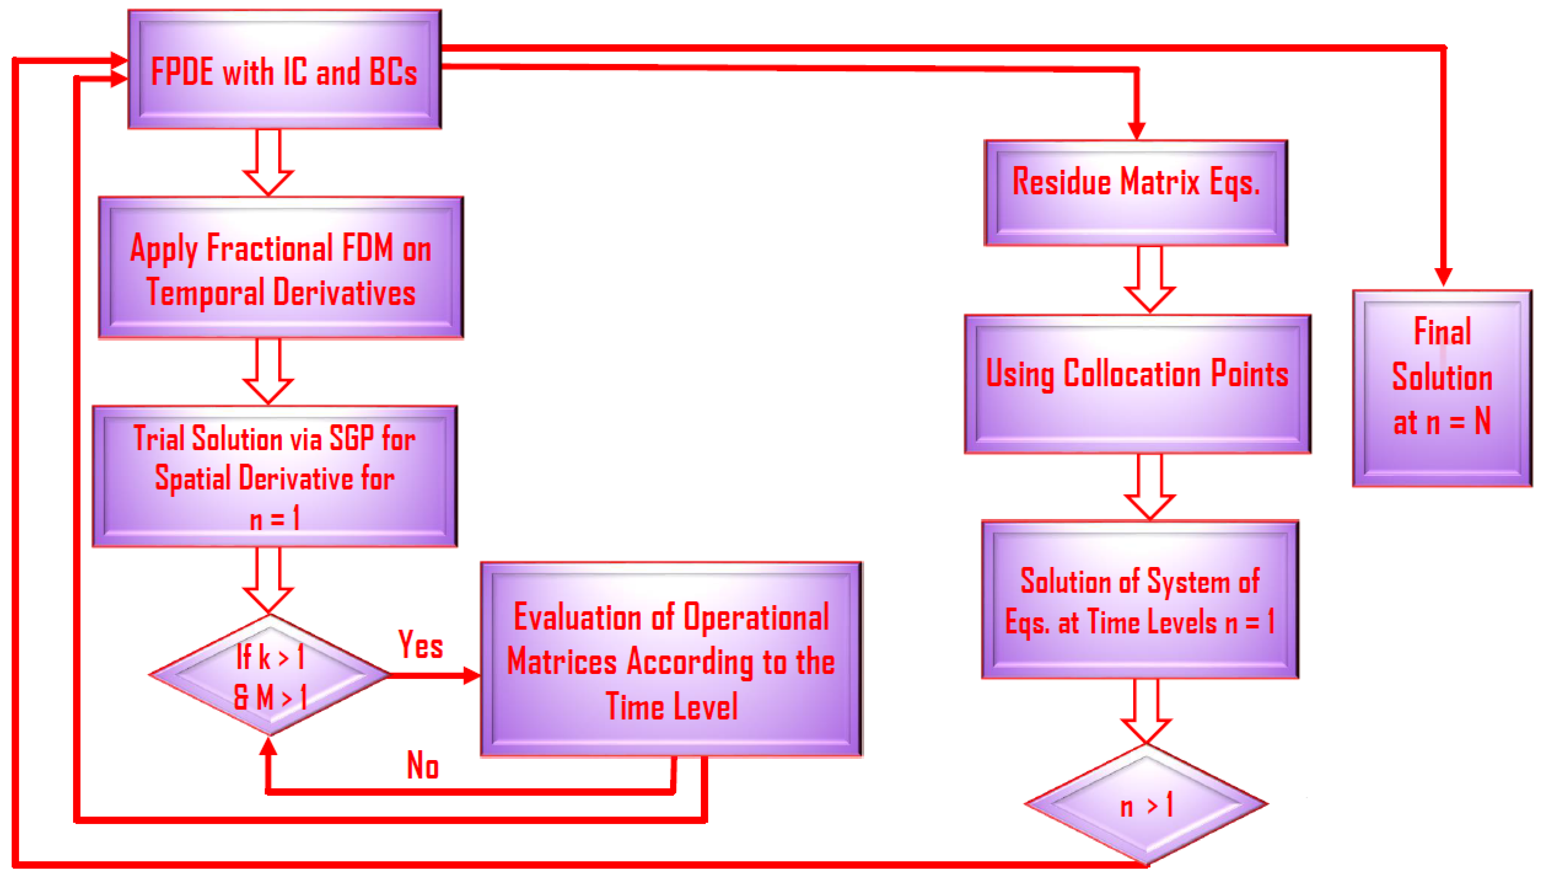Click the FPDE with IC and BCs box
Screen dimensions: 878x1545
pos(284,69)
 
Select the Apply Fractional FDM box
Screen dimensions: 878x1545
pos(281,268)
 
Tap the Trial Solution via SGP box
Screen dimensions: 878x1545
pos(275,477)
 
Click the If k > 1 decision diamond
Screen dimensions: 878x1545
pos(269,676)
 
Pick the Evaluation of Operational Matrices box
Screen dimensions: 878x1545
pos(671,660)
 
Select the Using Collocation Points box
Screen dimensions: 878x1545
pos(1138,383)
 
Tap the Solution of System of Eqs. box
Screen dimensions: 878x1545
pos(1140,600)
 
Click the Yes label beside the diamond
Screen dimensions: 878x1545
pos(420,644)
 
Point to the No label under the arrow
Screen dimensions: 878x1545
pos(423,766)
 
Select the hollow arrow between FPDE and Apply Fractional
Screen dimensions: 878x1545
pos(268,163)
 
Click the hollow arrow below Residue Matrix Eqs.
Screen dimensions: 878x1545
pos(1149,280)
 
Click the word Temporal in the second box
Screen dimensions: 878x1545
pos(206,293)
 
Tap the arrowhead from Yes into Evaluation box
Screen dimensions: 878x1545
pos(472,676)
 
